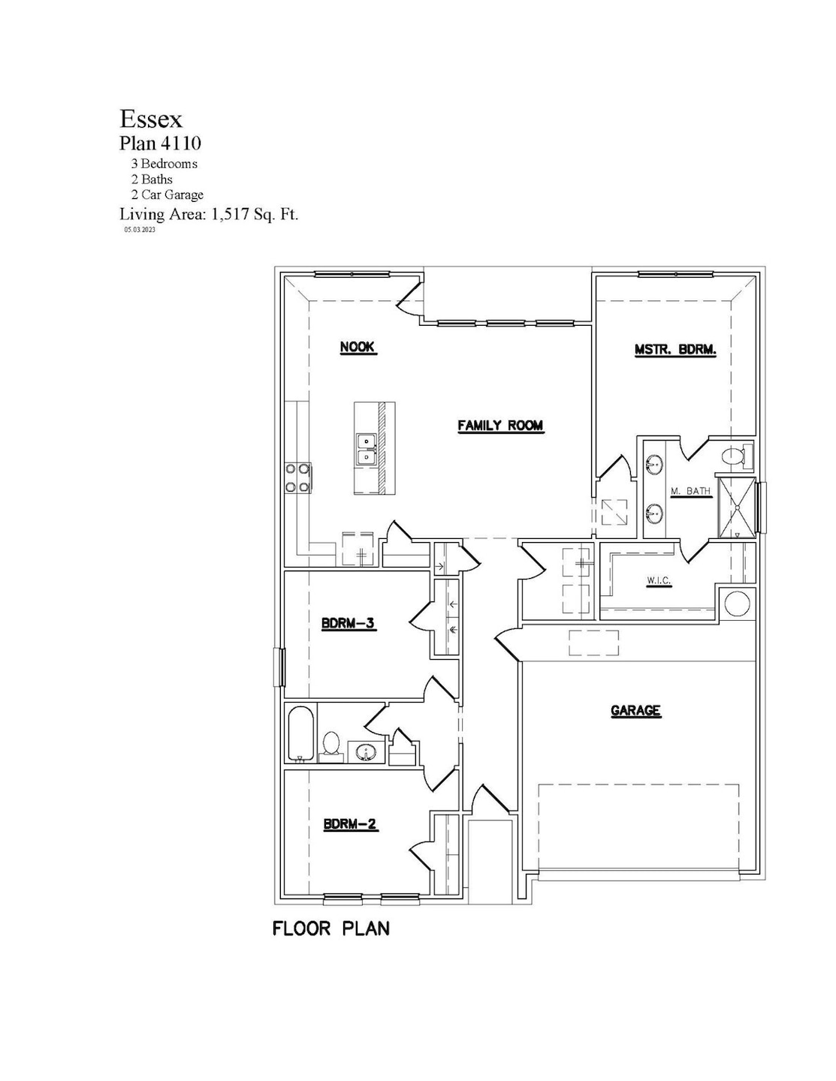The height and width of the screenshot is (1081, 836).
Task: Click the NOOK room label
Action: [x=357, y=347]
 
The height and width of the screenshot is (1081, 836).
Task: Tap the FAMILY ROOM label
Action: [x=500, y=426]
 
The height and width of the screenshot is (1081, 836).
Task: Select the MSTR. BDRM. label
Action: [x=675, y=349]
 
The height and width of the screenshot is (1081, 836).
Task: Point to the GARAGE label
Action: [x=635, y=710]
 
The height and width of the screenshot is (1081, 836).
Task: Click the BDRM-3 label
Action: [x=348, y=623]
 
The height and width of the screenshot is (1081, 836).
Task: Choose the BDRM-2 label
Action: [x=350, y=824]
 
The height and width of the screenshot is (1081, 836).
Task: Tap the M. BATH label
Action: [x=690, y=491]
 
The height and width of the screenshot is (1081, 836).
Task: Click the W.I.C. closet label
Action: [x=659, y=580]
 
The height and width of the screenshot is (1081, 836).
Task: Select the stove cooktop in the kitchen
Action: [x=298, y=478]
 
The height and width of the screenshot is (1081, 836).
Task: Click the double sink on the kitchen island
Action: [x=366, y=449]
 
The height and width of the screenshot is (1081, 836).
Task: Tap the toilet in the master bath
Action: [x=733, y=455]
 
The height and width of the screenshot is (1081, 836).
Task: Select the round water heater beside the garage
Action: [x=736, y=604]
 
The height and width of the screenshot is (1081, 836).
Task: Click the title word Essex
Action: [x=151, y=119]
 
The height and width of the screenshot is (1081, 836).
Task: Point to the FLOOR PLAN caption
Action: [x=331, y=929]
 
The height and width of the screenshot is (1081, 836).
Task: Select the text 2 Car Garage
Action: [x=167, y=195]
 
